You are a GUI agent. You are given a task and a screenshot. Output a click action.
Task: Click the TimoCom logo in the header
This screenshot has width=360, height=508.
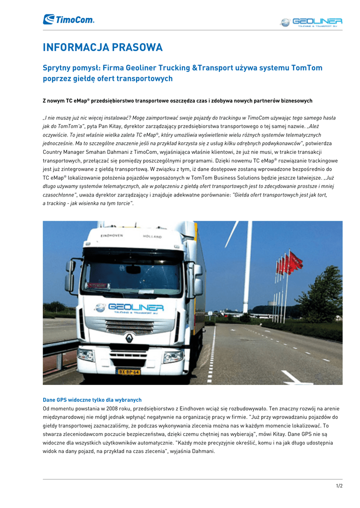click(69, 19)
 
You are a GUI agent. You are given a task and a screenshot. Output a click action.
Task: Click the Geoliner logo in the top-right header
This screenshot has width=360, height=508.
click(311, 22)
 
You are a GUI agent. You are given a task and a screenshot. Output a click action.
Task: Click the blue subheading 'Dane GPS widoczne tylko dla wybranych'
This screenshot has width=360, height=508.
click(92, 399)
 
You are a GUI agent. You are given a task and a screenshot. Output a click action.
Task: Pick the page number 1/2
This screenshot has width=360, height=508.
click(339, 486)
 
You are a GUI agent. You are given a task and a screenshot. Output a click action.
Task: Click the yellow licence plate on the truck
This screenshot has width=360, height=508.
click(128, 371)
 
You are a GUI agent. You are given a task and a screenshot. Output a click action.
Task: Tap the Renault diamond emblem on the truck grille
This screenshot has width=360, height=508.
click(129, 339)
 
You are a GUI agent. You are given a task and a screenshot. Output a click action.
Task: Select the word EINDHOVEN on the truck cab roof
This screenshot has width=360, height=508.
click(113, 235)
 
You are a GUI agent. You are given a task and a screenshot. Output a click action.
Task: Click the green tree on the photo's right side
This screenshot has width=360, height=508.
click(323, 295)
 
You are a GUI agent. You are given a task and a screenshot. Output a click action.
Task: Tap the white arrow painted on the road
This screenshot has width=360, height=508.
click(293, 378)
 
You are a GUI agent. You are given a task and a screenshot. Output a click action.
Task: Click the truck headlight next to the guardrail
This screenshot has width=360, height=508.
click(86, 354)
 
